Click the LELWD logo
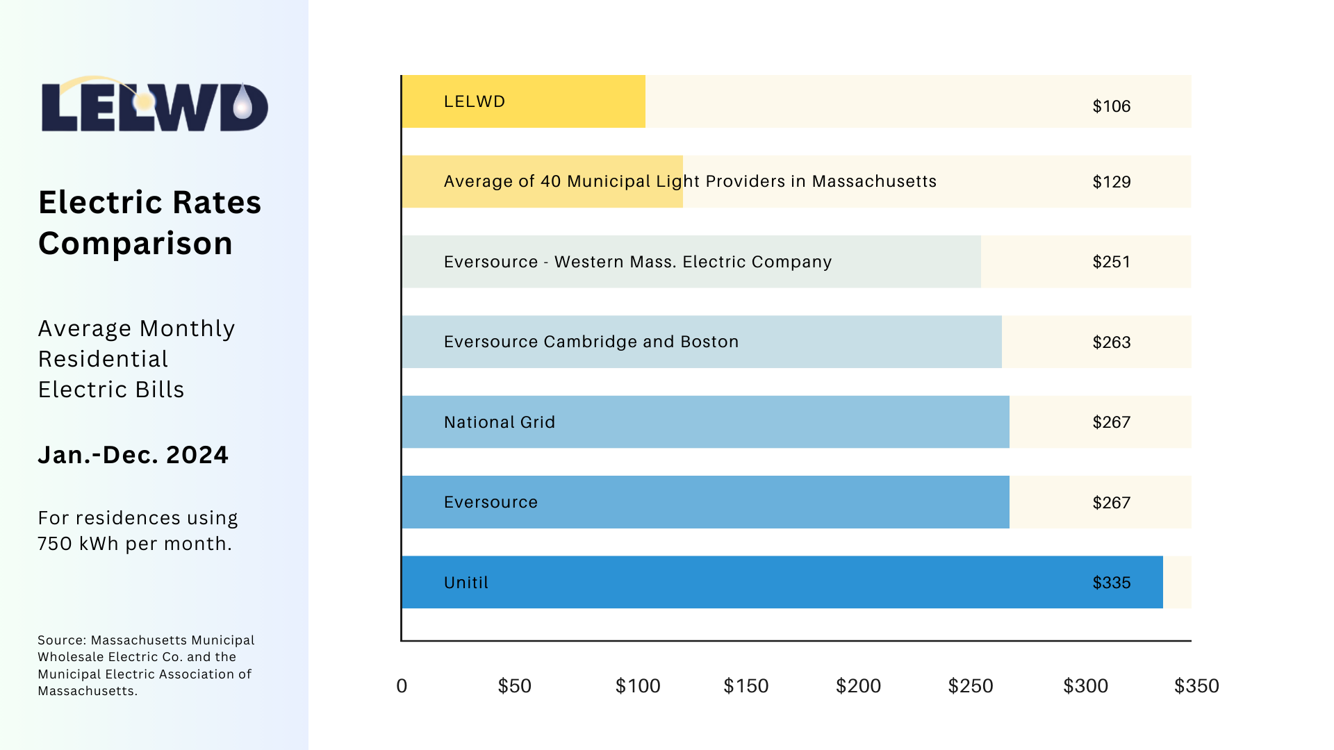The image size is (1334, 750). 154,104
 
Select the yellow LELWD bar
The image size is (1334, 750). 524,101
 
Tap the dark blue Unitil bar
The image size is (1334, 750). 782,582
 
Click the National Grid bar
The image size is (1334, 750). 706,422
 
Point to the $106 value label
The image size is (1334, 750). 1112,106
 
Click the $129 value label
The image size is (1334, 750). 1112,182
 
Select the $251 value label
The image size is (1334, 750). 1112,262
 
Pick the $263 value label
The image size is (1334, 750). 1112,342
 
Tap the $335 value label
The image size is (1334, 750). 1112,583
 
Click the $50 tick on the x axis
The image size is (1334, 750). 515,686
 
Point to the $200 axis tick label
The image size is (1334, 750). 859,686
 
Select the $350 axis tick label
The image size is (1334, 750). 1196,686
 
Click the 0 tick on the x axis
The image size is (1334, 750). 402,686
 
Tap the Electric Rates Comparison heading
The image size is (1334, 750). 150,223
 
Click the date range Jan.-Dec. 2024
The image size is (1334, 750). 133,455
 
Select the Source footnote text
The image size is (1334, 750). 146,665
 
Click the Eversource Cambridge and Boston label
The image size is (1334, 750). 591,342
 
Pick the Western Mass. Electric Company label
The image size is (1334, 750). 693,262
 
